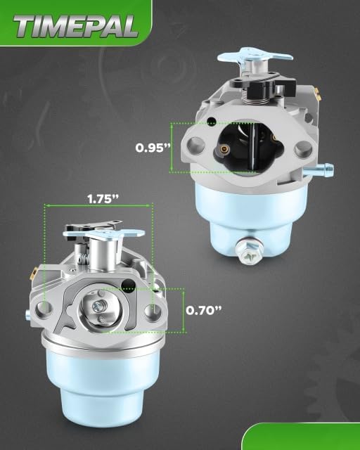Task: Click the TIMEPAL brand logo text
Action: point(76,27)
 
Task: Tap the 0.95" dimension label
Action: point(153,148)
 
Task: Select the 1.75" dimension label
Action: point(103,198)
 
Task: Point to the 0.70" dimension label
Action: point(204,310)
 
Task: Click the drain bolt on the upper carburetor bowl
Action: point(249,252)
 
